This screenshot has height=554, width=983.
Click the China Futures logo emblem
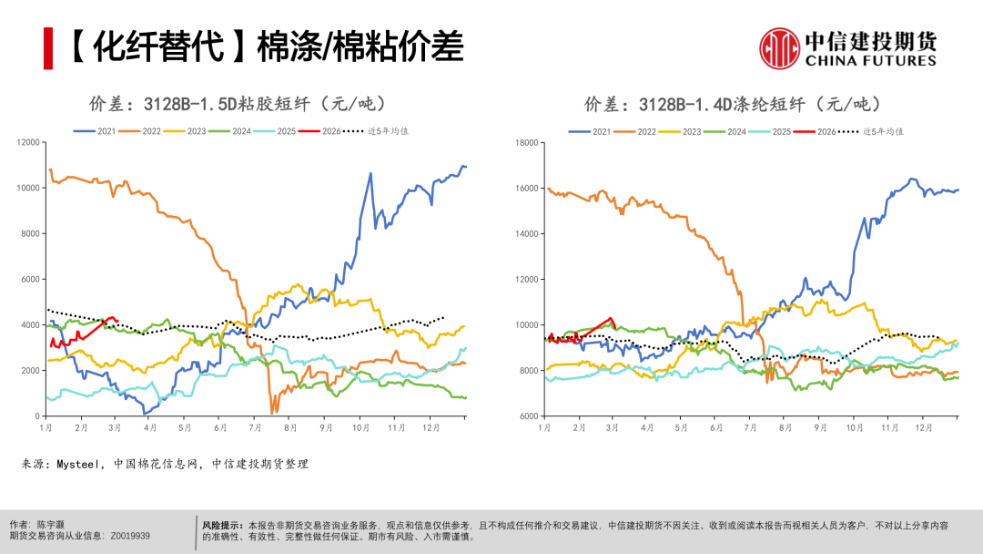coord(780,48)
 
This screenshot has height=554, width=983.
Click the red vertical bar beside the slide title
coord(48,48)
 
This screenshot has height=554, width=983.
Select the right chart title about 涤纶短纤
coord(734,103)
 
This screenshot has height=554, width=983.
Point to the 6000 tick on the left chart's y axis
coord(30,280)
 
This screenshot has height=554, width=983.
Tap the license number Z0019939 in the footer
coord(130,537)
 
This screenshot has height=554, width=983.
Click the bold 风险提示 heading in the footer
coord(223,526)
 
